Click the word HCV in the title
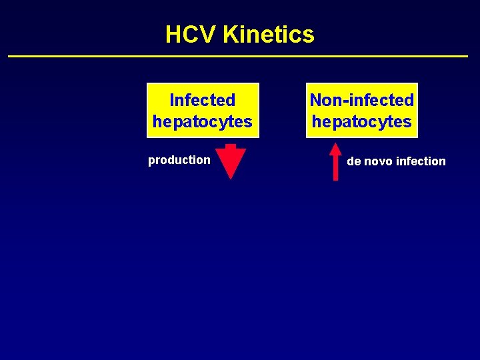point(191,34)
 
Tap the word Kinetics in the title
point(269,34)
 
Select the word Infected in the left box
point(202,100)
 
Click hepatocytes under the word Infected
point(202,121)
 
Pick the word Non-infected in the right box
point(361,100)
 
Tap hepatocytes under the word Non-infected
point(361,121)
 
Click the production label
point(179,160)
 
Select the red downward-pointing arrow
point(231,161)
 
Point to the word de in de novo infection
point(353,161)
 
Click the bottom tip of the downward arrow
point(231,178)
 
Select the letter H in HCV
point(173,34)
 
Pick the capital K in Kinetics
point(232,34)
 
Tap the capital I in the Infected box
point(172,100)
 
